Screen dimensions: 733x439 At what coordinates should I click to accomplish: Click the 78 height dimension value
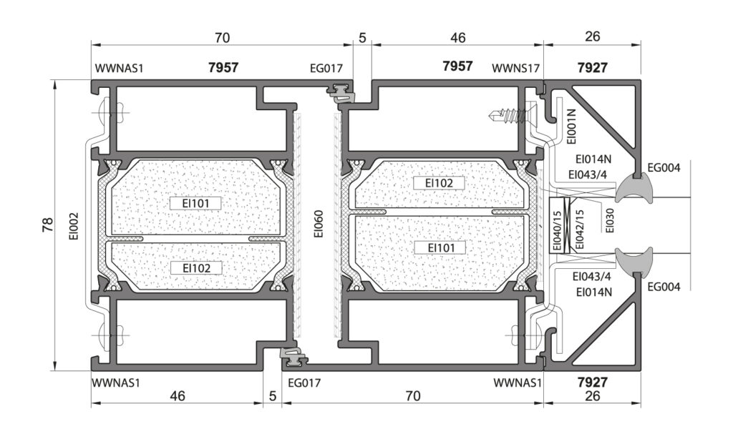pos(48,225)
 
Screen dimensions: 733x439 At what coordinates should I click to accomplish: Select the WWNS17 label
pos(515,68)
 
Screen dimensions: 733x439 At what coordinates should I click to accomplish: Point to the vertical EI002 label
pos(74,227)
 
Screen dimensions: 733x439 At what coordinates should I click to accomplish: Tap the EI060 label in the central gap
pos(319,224)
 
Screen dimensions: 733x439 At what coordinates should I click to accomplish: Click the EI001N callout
pos(571,126)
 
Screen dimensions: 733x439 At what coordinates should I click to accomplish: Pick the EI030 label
pos(609,220)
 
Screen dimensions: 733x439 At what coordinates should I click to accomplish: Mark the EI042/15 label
pos(580,229)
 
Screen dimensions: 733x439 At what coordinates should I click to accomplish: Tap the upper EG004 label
pos(664,167)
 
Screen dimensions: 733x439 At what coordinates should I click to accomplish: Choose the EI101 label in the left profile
pos(195,204)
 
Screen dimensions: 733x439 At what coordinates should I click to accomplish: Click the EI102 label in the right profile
pos(439,183)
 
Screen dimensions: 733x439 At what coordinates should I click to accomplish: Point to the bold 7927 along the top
pos(592,68)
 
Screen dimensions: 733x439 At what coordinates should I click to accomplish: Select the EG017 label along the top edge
pos(326,68)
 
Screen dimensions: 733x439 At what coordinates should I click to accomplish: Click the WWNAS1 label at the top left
pos(119,68)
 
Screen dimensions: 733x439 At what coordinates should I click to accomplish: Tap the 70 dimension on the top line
pos(223,37)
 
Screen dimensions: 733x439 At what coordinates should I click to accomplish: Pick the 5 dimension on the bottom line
pos(273,396)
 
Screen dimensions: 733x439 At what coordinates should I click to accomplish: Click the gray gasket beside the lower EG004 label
pos(634,260)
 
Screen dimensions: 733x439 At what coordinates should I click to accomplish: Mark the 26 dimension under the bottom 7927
pos(592,395)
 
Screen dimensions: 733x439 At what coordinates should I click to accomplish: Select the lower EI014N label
pos(593,292)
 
